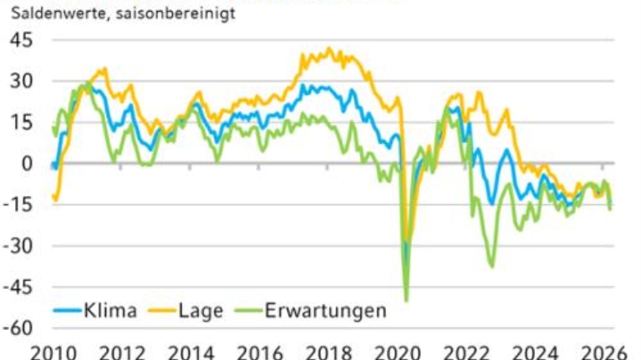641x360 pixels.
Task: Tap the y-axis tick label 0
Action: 27,163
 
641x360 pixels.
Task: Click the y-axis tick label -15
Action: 18,204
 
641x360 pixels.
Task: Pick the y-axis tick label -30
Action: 18,245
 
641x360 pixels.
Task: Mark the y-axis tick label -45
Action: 18,286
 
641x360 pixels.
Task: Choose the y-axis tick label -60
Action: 18,327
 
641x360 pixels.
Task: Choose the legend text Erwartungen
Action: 325,311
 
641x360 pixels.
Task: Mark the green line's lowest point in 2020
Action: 406,300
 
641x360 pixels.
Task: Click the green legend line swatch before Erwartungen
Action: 247,312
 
